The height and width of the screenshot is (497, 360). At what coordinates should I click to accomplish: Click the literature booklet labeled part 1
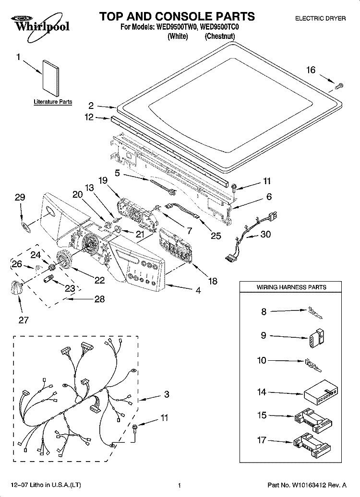coord(51,78)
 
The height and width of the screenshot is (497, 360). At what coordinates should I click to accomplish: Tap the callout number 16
coord(311,70)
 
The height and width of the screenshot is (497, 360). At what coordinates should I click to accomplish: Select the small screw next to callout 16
coord(339,85)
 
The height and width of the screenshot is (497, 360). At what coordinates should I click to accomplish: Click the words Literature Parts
coord(53,102)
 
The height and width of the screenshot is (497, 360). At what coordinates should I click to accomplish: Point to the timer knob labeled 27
coord(17,288)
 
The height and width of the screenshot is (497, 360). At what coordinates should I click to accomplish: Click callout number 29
coord(20,198)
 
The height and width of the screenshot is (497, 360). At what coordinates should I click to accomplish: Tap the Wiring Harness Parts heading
coord(291,287)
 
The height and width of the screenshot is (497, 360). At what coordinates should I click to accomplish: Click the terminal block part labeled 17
coord(312,445)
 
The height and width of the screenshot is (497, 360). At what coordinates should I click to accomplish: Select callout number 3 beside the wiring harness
coord(167,394)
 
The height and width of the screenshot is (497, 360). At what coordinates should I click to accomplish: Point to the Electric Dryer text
coord(320,19)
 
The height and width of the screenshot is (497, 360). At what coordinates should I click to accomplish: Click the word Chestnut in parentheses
coord(220,36)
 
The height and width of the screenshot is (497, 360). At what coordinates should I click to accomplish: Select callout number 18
coord(213,281)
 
